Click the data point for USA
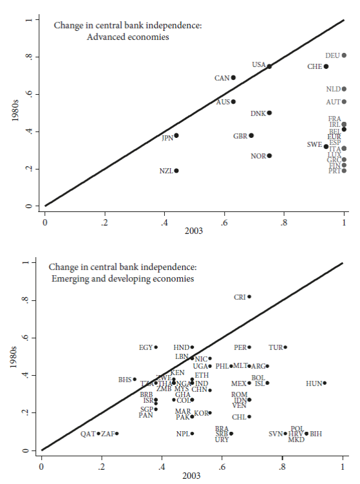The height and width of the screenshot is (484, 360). coord(269,66)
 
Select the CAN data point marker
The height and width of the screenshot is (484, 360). coord(233,77)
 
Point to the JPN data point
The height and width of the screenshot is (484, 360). coord(176,135)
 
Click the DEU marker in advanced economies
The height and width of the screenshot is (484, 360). coord(344,55)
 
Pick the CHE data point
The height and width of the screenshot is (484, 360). coord(326,66)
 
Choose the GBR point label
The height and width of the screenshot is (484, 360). coord(240,136)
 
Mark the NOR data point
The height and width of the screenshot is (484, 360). coord(269,155)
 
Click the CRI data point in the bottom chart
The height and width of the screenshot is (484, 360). coord(249,296)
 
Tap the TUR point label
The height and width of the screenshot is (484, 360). coord(276,347)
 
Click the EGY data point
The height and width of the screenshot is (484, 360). coord(156,347)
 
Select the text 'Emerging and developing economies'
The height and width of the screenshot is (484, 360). coord(122,278)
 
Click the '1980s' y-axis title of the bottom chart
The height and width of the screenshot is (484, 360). coord(11,356)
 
